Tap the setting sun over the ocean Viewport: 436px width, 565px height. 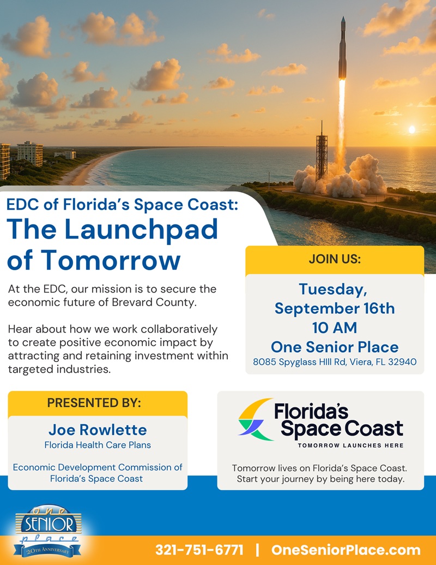tap(412, 129)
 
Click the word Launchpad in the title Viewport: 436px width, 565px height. tap(141, 230)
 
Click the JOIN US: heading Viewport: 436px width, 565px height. tap(335, 259)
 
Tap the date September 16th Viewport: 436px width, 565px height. tap(335, 308)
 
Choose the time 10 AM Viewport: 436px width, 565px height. tap(335, 328)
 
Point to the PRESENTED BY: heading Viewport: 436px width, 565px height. tap(94, 402)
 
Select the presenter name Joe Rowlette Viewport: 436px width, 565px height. tap(98, 430)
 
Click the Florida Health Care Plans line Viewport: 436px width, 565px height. tap(98, 445)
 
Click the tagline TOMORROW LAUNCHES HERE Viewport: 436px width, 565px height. tap(350, 445)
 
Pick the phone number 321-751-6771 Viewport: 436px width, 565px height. tap(199, 550)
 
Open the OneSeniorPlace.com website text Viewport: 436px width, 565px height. tap(346, 550)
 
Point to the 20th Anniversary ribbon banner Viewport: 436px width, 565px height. tap(47, 550)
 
